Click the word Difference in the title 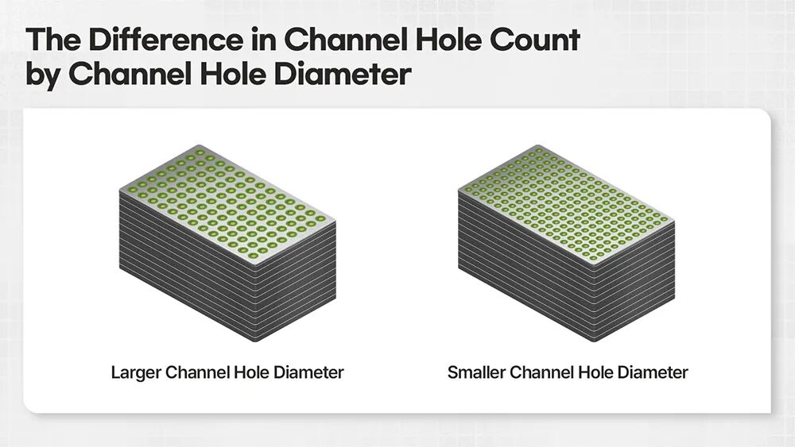pyautogui.click(x=166, y=40)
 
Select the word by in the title pyautogui.click(x=42, y=74)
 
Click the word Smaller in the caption pyautogui.click(x=476, y=372)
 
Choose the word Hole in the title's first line pyautogui.click(x=444, y=40)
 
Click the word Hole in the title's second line pyautogui.click(x=233, y=74)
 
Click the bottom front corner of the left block pyautogui.click(x=253, y=341)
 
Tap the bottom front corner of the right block pyautogui.click(x=591, y=341)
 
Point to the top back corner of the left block pyautogui.click(x=200, y=145)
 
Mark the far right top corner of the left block pyautogui.click(x=335, y=222)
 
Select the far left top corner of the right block pyautogui.click(x=459, y=191)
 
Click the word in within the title pyautogui.click(x=263, y=40)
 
